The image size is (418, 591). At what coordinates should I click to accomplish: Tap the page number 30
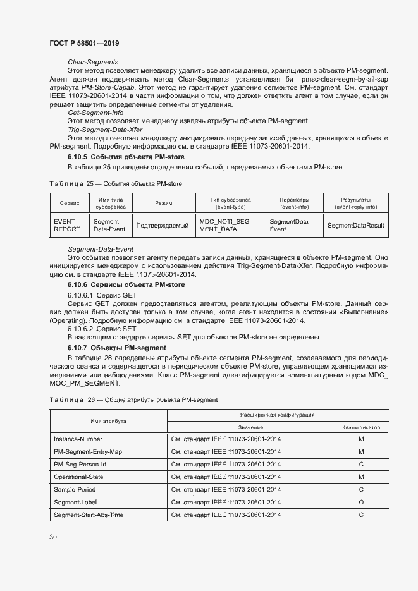pyautogui.click(x=53, y=537)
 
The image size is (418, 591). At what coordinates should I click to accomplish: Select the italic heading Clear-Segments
pyautogui.click(x=93, y=62)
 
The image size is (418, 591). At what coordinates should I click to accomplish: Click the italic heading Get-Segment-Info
pyautogui.click(x=95, y=112)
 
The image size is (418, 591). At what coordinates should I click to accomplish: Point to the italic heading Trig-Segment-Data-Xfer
pyautogui.click(x=104, y=129)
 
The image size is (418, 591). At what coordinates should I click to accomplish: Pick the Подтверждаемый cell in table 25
pyautogui.click(x=163, y=226)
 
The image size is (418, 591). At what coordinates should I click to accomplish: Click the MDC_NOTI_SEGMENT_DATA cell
pyautogui.click(x=225, y=226)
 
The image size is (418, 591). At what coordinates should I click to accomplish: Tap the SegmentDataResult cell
pyautogui.click(x=356, y=226)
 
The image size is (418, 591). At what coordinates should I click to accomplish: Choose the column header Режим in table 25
pyautogui.click(x=163, y=203)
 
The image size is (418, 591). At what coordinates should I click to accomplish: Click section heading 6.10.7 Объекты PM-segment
pyautogui.click(x=116, y=348)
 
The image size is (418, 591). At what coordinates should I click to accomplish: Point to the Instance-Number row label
pyautogui.click(x=78, y=439)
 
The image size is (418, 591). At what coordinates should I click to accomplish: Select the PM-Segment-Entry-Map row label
pyautogui.click(x=88, y=452)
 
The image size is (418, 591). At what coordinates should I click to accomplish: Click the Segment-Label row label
pyautogui.click(x=76, y=502)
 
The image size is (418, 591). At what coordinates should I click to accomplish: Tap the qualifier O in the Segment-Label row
pyautogui.click(x=361, y=502)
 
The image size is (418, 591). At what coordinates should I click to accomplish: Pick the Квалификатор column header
pyautogui.click(x=361, y=427)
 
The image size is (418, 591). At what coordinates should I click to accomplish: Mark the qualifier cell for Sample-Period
pyautogui.click(x=361, y=489)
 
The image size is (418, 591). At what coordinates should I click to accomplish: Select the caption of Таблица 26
pyautogui.click(x=133, y=400)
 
